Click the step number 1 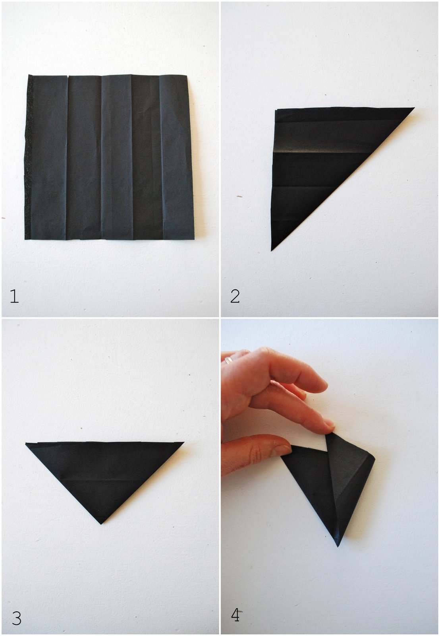pos(14,296)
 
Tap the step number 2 pos(235,296)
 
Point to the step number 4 pos(235,613)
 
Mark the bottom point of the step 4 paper pos(338,546)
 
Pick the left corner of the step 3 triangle pos(26,444)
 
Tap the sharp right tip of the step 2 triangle pos(415,108)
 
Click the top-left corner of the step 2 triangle pos(275,110)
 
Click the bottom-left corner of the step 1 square pos(25,239)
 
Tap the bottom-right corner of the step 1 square pos(194,239)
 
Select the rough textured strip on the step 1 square pos(29,157)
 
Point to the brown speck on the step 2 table pos(240,196)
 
